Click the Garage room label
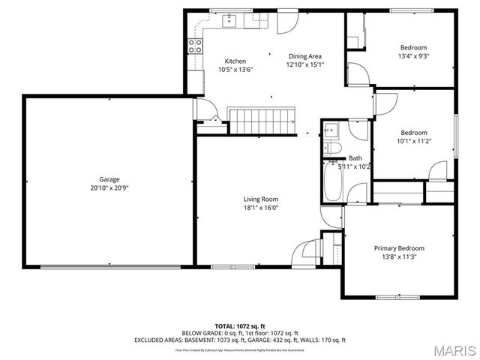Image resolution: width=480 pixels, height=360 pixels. [109, 179]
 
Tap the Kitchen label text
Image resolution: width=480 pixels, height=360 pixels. [235, 61]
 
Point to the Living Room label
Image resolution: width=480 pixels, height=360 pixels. [260, 199]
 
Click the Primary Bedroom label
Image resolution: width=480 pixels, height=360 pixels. [399, 248]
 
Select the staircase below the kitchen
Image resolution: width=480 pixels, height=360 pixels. [262, 120]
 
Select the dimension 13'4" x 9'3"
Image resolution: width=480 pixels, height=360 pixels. [413, 55]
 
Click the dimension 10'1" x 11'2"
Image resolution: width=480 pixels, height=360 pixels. [413, 141]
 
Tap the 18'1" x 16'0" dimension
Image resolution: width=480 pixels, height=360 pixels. [260, 208]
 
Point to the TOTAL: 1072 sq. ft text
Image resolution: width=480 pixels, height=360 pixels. [240, 326]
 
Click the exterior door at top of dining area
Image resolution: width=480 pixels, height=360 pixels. [286, 21]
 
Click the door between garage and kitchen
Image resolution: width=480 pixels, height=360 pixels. [205, 112]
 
